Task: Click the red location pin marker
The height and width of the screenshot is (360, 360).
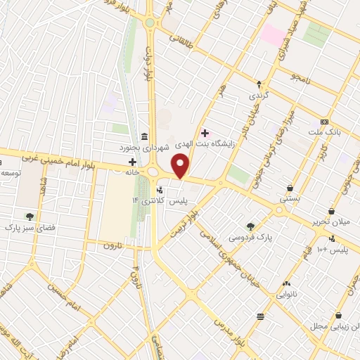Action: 181,165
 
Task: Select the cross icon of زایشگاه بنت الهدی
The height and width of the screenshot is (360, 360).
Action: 205,133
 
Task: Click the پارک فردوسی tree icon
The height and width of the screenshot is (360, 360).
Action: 250,226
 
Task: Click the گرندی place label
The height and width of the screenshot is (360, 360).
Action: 258,94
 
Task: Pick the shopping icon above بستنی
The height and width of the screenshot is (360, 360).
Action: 289,188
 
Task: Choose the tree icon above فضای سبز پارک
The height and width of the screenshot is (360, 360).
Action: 29,217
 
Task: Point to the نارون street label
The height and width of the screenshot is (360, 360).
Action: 113,245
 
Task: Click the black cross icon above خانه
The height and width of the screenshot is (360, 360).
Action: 132,162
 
